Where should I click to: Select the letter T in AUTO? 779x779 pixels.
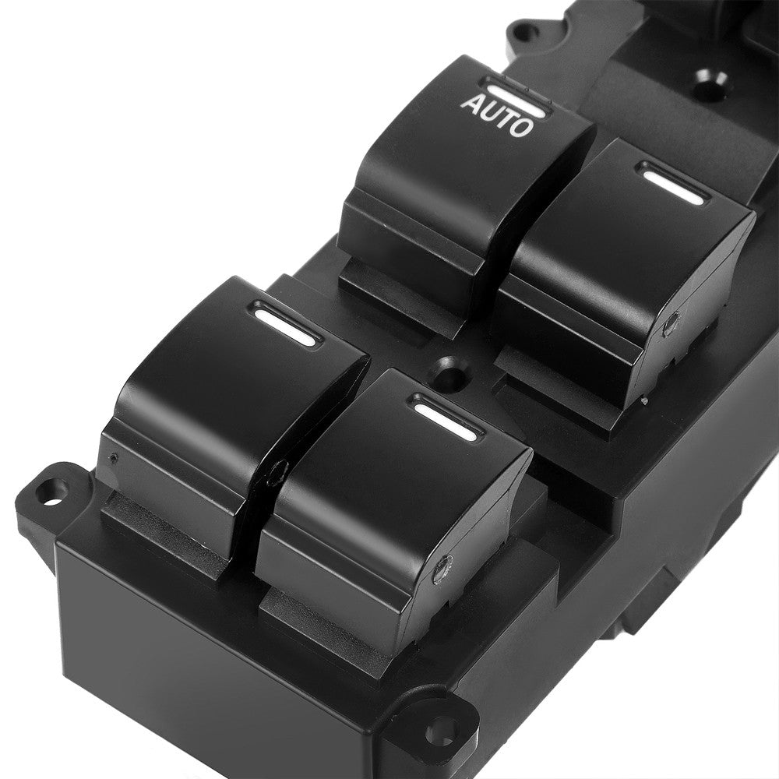[x=505, y=118]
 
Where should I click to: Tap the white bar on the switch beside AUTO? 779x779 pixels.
[x=669, y=182]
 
